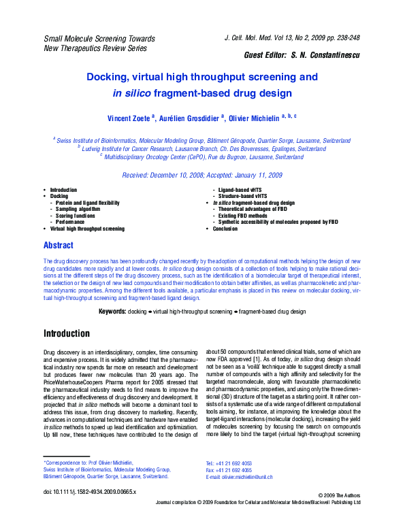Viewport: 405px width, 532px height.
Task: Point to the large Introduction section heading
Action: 67,334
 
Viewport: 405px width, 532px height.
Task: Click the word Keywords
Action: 112,311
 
